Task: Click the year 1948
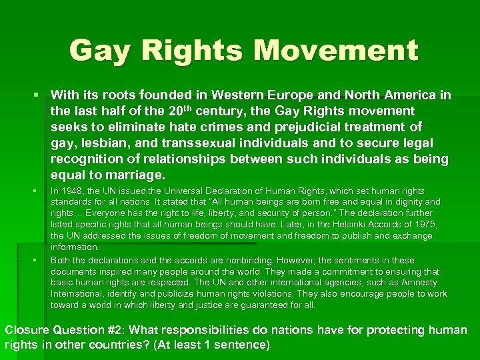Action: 73,191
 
